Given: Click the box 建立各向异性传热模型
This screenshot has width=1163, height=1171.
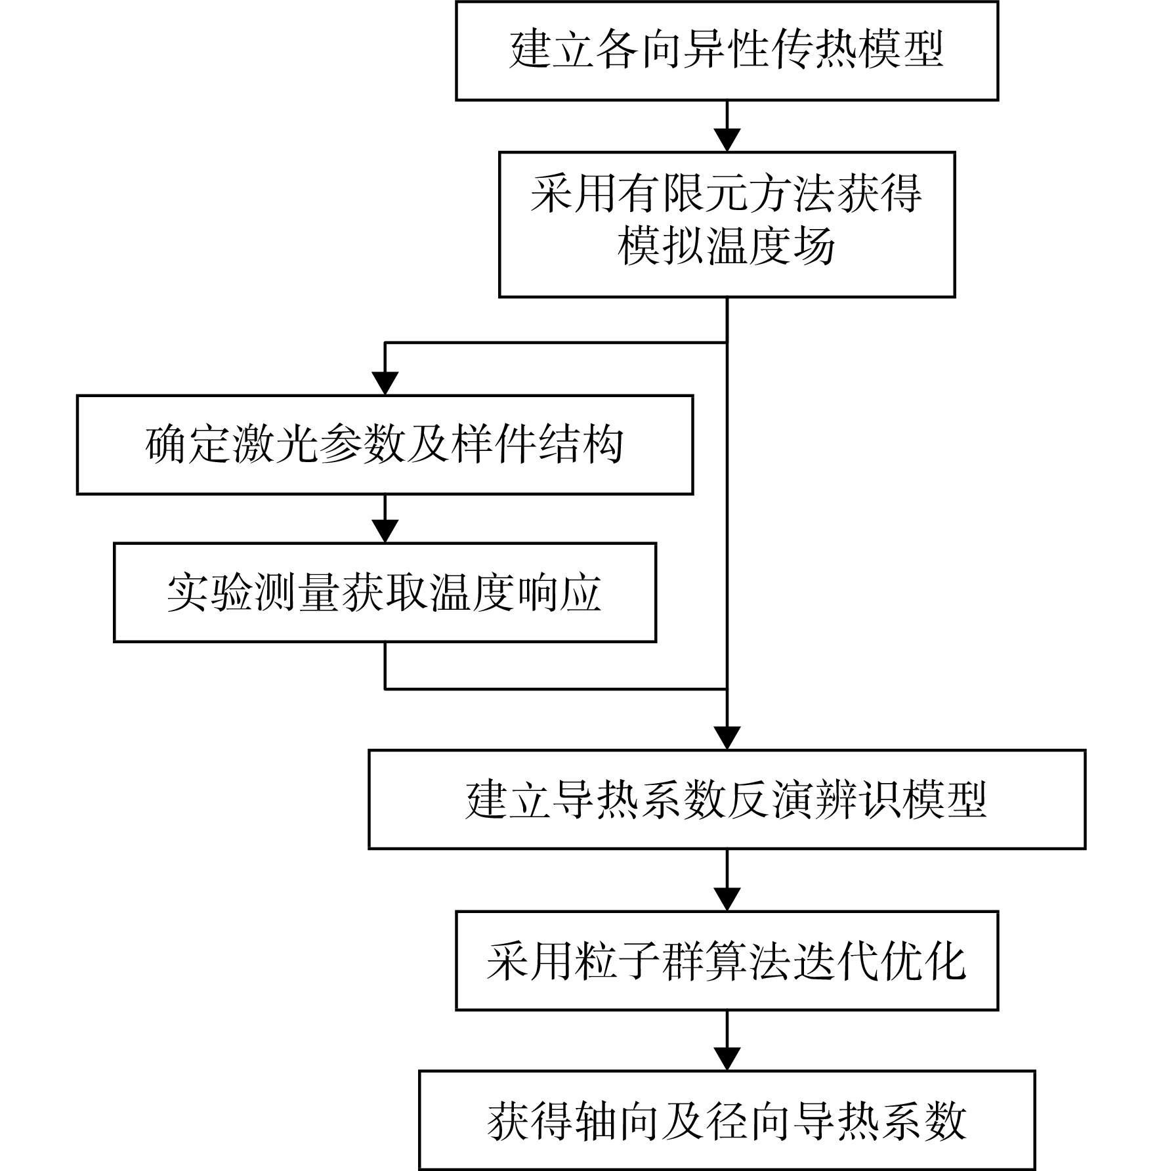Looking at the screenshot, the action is coord(727,51).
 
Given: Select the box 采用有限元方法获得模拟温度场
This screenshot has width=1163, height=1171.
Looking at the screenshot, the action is coord(727,224).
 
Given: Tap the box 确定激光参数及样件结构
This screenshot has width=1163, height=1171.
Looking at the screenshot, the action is coord(385,444).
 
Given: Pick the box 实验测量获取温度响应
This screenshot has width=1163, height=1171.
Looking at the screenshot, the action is coord(385,592).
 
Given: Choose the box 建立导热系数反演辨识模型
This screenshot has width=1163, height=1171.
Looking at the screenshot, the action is coord(727,799).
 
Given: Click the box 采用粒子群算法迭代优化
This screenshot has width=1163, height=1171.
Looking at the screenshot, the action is coord(727,960).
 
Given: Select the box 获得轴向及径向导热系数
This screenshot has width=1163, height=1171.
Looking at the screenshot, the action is coord(727,1120).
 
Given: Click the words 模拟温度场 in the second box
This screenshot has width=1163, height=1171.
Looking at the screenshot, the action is coord(727,247).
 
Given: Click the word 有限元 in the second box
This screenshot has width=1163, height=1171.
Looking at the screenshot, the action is coord(661,194).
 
